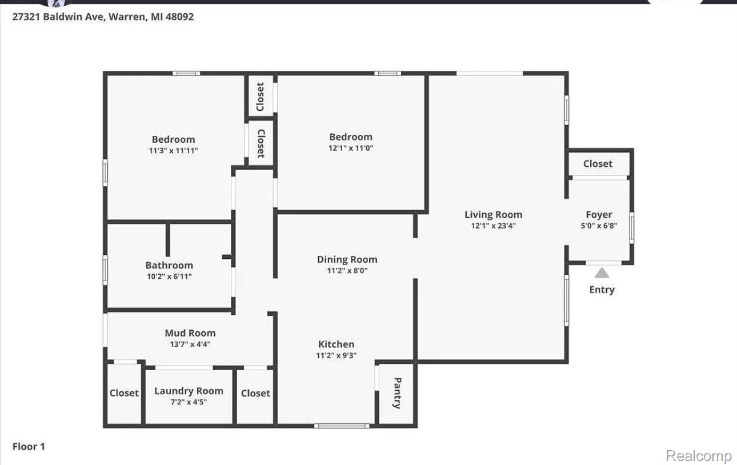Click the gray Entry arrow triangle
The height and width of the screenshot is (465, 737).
pos(602,273)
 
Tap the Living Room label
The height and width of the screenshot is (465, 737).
pos(493,215)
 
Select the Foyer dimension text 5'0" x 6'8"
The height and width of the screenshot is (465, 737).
pos(599,226)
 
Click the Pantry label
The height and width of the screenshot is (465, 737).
pos(398,393)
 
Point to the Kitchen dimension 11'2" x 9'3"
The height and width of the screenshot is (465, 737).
pos(337,355)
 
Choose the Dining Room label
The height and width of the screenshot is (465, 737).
pos(347,259)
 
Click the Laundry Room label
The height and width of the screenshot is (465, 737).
pos(189,391)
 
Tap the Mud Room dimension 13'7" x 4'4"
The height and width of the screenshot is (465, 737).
pos(190,344)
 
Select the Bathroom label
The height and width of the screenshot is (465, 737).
pos(169,265)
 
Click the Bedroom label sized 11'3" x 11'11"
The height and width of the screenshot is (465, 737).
pos(173,139)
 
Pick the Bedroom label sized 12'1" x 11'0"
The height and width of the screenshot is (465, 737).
pos(351,137)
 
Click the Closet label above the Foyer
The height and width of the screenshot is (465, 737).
pos(598,163)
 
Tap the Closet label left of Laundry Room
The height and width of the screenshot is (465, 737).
pos(124,393)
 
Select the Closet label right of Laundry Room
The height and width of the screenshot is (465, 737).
pos(255,393)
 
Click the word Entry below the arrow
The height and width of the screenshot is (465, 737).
pos(602,290)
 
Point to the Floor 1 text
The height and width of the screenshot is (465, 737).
pos(29,447)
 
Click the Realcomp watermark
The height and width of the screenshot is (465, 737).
pos(699,456)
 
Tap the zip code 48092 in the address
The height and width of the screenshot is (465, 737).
pos(179,17)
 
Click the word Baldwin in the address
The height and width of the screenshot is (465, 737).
pos(63,17)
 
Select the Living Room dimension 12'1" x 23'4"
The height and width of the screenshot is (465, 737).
pos(493,226)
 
